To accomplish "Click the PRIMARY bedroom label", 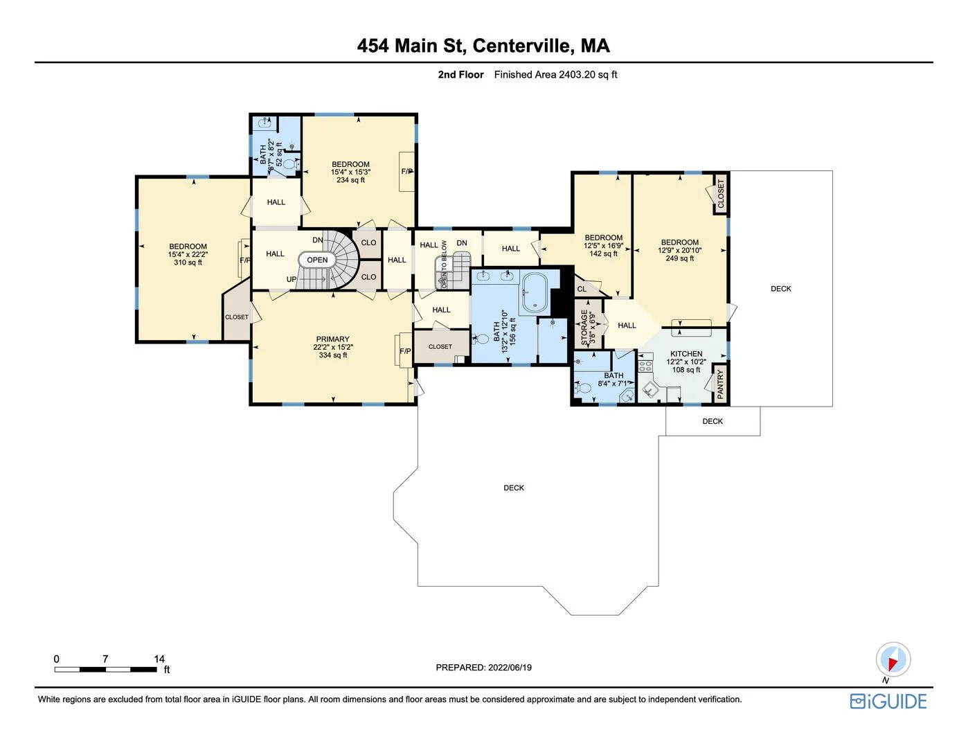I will [x=333, y=339].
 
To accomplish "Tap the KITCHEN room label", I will [x=686, y=354].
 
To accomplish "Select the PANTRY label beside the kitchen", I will [x=720, y=383].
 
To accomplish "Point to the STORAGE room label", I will [x=584, y=327].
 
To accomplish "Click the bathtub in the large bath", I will [x=534, y=292].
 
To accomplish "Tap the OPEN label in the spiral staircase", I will [x=317, y=260].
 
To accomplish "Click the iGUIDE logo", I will [x=888, y=701].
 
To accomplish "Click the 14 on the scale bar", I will [x=159, y=659].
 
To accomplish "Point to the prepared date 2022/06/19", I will [x=510, y=668].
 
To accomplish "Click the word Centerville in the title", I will [x=523, y=46].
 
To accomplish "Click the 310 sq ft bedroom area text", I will [x=188, y=262].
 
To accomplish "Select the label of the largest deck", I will [x=514, y=488].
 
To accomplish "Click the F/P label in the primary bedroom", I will [x=405, y=351].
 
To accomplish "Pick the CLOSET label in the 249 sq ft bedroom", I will [x=721, y=194].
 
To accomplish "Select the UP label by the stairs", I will [x=292, y=279].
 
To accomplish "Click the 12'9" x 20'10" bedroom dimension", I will [x=679, y=251].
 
